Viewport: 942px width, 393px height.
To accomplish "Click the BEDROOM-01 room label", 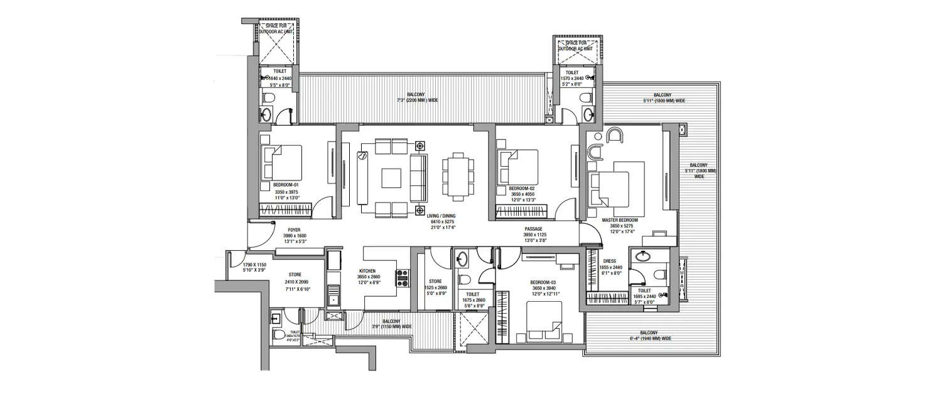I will (286, 185).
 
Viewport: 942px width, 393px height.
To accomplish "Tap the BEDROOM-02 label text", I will (521, 189).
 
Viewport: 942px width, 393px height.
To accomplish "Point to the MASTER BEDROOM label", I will (619, 220).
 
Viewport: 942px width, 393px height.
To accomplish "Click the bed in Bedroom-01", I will (282, 162).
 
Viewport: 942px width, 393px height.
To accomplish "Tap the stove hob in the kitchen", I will (401, 276).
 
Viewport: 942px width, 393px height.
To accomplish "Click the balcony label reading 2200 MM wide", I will (417, 100).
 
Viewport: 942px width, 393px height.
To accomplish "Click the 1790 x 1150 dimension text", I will (255, 265).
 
